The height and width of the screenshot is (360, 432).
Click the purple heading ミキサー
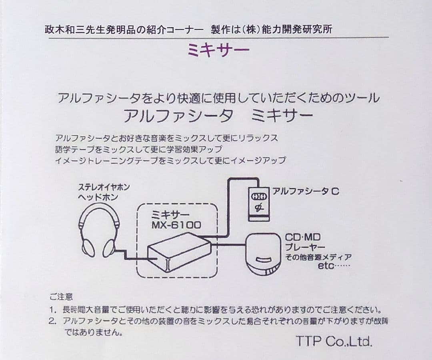pyautogui.click(x=218, y=50)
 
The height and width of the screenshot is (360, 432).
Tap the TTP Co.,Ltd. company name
pyautogui.click(x=334, y=342)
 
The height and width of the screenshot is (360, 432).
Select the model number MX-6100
pyautogui.click(x=176, y=225)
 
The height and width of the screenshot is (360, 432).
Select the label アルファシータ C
pyautogui.click(x=306, y=191)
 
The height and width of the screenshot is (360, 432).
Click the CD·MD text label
pyautogui.click(x=302, y=237)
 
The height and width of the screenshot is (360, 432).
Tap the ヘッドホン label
pyautogui.click(x=98, y=197)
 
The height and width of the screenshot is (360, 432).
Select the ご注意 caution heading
pyautogui.click(x=61, y=297)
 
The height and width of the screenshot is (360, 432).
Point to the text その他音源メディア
pyautogui.click(x=318, y=257)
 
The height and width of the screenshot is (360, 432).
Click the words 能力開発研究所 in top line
pyautogui.click(x=298, y=30)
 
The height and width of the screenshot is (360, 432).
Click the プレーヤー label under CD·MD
pyautogui.click(x=305, y=247)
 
